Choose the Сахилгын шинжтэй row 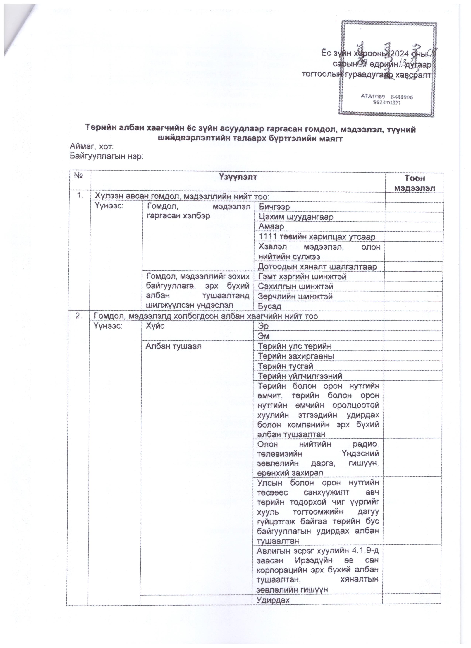pos(296,286)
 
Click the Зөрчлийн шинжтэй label pos(295,296)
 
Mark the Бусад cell pos(269,306)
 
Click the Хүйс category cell pos(155,326)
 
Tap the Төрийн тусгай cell pos(285,366)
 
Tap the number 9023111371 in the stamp pos(386,103)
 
